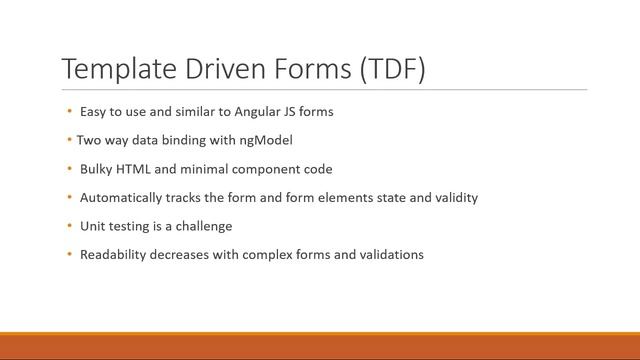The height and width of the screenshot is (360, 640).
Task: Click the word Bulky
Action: coord(96,169)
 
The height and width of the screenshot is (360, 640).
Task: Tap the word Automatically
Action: coord(121,198)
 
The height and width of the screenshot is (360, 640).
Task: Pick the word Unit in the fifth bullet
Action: coord(92,226)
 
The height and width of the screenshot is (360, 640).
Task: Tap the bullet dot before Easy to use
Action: coord(69,112)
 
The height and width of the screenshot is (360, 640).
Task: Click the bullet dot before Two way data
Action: coord(69,140)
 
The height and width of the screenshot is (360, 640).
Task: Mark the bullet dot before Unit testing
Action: coord(69,226)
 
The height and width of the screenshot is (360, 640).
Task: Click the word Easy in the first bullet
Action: coord(93,112)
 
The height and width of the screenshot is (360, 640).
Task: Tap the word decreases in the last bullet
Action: coord(186,255)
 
